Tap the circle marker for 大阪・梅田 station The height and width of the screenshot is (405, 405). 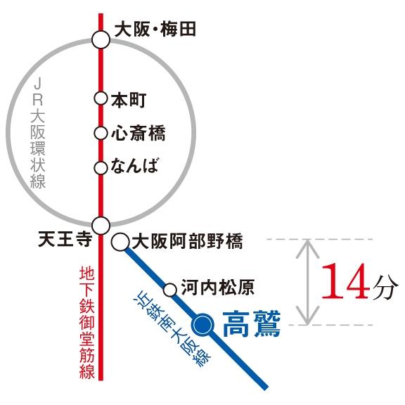101,39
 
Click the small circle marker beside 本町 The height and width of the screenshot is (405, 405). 101,98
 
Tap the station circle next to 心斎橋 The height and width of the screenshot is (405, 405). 101,132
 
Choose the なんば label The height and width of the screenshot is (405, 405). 135,167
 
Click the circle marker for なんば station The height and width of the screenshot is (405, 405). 101,167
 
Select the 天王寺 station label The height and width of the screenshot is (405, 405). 65,240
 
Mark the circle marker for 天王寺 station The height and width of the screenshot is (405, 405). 101,226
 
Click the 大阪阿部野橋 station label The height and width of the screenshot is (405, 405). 187,243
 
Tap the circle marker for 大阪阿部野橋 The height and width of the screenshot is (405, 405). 120,243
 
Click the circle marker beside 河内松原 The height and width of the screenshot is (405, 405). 169,289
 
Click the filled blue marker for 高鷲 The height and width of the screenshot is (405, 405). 202,324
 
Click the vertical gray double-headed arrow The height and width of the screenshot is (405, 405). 306,281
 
